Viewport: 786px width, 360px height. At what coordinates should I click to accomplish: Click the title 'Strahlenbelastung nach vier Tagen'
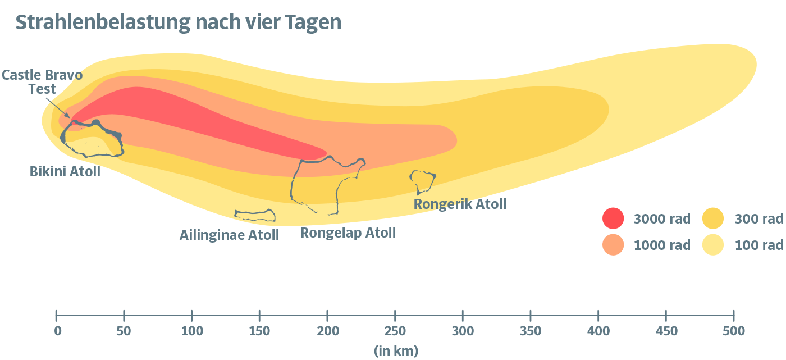tap(179, 22)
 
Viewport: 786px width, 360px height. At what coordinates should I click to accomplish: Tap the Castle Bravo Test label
tap(42, 82)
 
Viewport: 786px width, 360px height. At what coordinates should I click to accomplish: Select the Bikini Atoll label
tap(65, 171)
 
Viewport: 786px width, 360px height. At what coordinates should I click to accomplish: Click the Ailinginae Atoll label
tap(229, 235)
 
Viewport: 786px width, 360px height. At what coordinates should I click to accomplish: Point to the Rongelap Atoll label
tap(348, 233)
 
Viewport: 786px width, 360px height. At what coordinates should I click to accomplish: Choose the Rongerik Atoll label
tap(460, 204)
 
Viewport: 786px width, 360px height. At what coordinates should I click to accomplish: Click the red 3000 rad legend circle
tap(613, 218)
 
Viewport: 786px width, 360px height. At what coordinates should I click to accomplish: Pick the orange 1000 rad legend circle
tap(613, 244)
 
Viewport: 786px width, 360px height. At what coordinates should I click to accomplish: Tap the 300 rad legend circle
tap(713, 218)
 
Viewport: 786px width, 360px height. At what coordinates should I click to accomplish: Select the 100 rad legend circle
tap(713, 244)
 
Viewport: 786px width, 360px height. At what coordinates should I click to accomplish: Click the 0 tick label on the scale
tap(57, 331)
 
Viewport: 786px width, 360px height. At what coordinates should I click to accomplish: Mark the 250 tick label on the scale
tap(395, 331)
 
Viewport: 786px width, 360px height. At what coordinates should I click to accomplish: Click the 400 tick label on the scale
tap(598, 331)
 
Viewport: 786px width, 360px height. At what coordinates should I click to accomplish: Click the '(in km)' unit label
tap(396, 352)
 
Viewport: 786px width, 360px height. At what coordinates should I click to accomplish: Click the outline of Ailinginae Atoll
tap(255, 215)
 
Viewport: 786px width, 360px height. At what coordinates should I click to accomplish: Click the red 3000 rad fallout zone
tap(168, 118)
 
